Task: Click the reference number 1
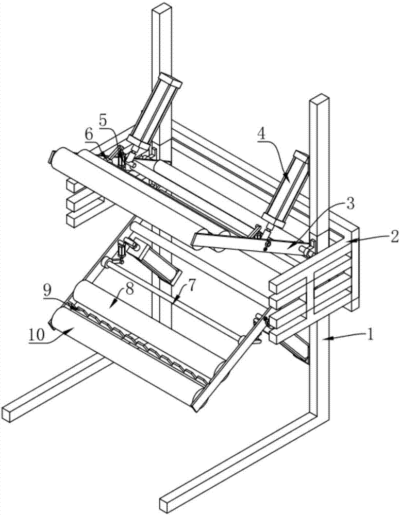pyautogui.click(x=371, y=335)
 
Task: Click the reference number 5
pyautogui.click(x=103, y=121)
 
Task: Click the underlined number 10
pyautogui.click(x=37, y=335)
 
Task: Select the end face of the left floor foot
pyautogui.click(x=9, y=414)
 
